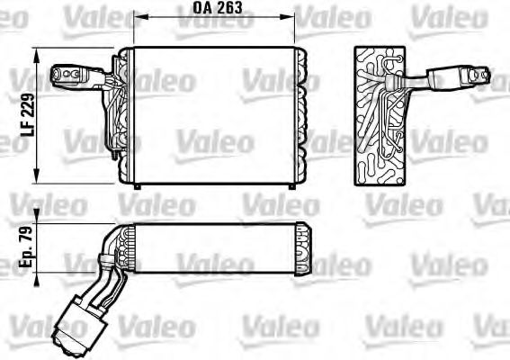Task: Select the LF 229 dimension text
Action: [x=28, y=116]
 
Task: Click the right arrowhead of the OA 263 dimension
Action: [x=292, y=16]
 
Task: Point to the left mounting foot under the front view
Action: [x=136, y=186]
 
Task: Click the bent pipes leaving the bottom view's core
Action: [x=105, y=261]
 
